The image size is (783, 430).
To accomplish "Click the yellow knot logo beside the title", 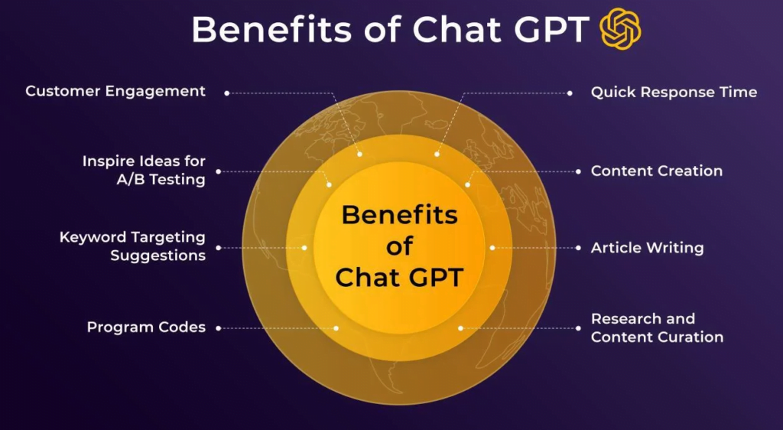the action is coord(620,28).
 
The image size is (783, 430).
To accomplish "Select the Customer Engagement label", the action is coord(115,91).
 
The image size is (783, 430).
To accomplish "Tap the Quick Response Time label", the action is coord(674,93).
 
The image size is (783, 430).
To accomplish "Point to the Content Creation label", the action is coord(657,171).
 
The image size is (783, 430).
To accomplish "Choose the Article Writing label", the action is coord(647,248).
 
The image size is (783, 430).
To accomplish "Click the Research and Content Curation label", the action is coord(657,328).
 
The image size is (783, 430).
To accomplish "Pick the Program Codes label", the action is coord(146,327).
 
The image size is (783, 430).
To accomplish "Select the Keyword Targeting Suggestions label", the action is coord(133,246).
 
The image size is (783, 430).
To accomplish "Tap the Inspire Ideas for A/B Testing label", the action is coord(144,171).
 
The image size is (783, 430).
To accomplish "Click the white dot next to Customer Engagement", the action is coord(226,93).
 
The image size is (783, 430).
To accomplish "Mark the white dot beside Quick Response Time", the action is coord(570,93).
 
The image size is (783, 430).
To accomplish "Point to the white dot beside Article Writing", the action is coord(578,248).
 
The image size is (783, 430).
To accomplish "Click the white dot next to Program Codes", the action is coord(218,328).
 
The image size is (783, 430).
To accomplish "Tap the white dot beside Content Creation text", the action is coord(578,171).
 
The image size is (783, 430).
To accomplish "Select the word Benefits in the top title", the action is coord(271,30).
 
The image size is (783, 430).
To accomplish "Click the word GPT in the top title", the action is coord(553,30).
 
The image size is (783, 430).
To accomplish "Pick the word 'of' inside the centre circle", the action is coord(399,246).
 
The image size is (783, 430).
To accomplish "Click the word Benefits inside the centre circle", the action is coord(399,215).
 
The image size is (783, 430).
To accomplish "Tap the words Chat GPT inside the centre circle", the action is coord(399,277).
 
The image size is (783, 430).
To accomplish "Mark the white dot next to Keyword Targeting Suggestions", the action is coord(218,248).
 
